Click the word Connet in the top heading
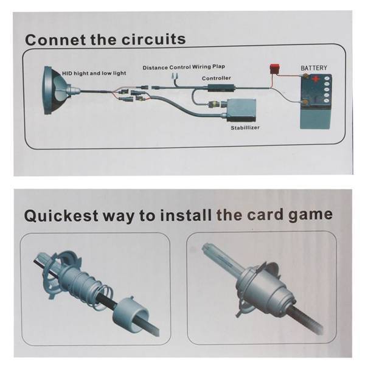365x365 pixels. pos(55,40)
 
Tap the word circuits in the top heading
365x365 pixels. pos(154,39)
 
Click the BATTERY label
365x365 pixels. pos(314,68)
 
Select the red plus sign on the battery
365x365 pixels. pos(316,79)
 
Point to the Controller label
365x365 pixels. pos(216,78)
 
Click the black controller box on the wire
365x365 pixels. pos(221,88)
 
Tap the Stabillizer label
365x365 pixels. pos(245,128)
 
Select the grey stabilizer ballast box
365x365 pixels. pos(242,110)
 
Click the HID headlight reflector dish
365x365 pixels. pos(55,90)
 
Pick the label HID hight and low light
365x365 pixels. pos(94,74)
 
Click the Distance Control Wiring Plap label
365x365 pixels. pos(184,68)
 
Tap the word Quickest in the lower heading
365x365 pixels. pos(61,215)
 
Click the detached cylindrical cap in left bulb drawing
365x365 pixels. pos(131,311)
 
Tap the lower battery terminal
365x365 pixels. pos(305,102)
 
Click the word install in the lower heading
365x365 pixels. pos(186,215)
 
